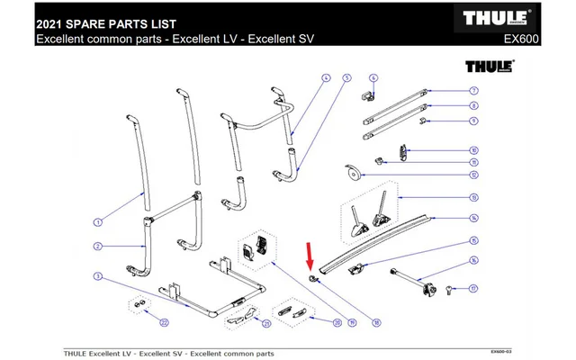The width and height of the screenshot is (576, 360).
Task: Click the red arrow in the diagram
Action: (x=310, y=259)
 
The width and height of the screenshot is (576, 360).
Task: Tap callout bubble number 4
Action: (x=327, y=78)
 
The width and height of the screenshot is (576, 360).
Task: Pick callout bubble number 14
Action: (x=473, y=218)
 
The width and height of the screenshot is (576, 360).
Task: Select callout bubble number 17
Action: (x=473, y=289)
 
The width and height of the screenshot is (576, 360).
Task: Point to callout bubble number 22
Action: (x=164, y=321)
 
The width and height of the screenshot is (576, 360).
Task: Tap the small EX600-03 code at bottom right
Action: (x=502, y=350)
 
